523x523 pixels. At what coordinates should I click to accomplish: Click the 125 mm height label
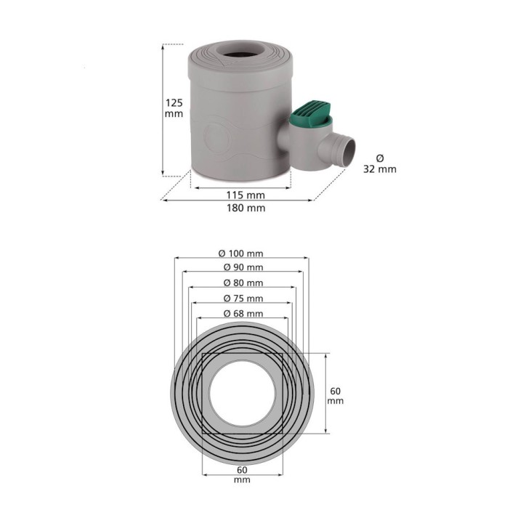[174, 108]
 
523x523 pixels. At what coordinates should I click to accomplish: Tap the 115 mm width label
[246, 195]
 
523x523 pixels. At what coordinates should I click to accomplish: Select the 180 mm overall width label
[246, 208]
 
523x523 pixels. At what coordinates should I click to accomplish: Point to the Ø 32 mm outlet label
[380, 163]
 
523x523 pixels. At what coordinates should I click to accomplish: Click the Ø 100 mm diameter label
[241, 254]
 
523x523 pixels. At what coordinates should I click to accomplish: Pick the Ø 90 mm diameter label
[243, 267]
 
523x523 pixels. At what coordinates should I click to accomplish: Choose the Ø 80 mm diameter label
[243, 283]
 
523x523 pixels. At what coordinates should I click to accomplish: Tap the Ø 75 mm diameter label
[243, 299]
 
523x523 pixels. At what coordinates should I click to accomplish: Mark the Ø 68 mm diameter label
[243, 314]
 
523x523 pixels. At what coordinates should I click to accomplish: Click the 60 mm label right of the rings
[335, 396]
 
